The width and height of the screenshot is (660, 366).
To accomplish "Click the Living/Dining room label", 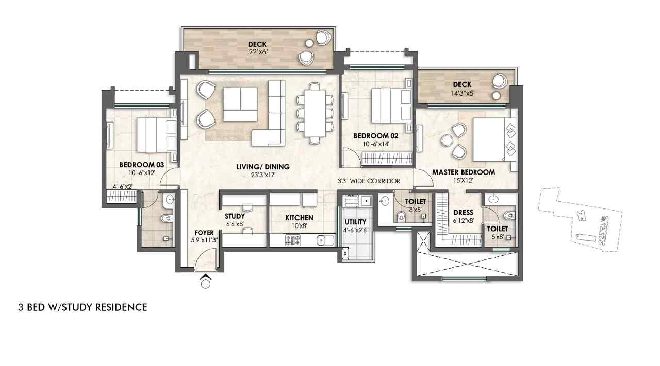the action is pos(263,167).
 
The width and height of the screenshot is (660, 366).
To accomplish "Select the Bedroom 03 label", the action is pos(141,165).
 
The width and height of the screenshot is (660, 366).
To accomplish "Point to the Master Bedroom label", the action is pos(464,172).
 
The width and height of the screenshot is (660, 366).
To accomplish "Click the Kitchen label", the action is pos(299,218).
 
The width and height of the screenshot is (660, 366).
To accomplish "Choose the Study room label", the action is pos(235,217).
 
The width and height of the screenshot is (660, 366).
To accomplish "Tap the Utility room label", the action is pos(355,222).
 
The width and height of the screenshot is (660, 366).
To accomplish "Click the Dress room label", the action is pos(463,213).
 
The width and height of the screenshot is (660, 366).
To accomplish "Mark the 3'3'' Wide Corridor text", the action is pos(369,181).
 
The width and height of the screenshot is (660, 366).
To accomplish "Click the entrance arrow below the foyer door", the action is pos(206,277).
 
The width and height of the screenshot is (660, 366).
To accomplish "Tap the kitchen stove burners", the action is pos(292,240).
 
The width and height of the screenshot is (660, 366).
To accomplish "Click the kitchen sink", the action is pos(325,240).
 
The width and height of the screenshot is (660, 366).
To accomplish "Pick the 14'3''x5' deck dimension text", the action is pos(463,93).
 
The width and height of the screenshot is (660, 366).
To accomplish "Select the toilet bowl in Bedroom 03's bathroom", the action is pos(167,219).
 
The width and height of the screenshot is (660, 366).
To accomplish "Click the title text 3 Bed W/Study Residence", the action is pos(82,307).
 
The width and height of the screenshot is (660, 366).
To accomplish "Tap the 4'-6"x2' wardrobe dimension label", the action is pos(123,186).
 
